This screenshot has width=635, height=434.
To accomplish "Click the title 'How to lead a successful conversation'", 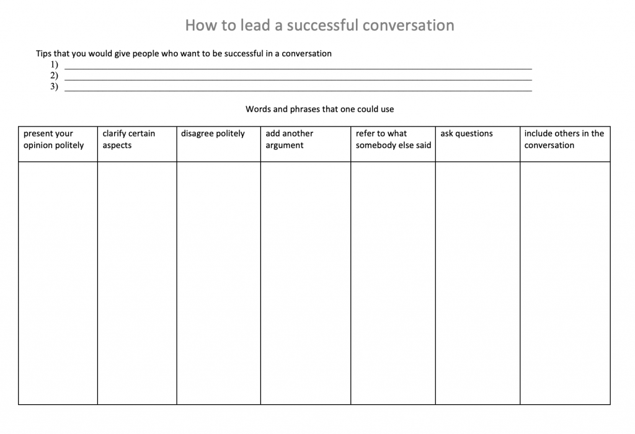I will tap(319, 25).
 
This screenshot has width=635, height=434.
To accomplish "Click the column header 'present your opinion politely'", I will tap(54, 139).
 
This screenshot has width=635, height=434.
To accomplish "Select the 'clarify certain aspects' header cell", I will tap(129, 139).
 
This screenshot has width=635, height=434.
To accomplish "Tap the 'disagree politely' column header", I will tap(213, 134).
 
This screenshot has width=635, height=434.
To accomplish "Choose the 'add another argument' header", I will tap(290, 139).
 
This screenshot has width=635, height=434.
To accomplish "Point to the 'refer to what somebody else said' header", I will tap(393, 139).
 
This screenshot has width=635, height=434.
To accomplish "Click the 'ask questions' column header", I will tap(466, 134).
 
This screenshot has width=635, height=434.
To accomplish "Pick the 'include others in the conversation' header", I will tap(564, 139).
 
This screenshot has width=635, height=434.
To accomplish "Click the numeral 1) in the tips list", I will tap(54, 64).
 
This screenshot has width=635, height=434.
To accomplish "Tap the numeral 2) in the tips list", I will tap(54, 76).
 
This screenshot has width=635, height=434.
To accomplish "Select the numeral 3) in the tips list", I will tap(54, 87).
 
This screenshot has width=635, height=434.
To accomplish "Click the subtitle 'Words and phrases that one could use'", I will tap(319, 109).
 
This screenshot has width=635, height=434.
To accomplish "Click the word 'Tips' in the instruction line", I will tap(43, 54).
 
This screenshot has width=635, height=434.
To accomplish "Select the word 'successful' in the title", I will tap(322, 25).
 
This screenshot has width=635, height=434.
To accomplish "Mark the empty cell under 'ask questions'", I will tap(477, 283).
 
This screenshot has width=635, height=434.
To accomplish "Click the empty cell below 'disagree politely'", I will tap(218, 283).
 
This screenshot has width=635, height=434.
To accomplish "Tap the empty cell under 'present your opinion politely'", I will tap(58, 283).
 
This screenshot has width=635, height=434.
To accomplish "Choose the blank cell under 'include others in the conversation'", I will tap(565, 283).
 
